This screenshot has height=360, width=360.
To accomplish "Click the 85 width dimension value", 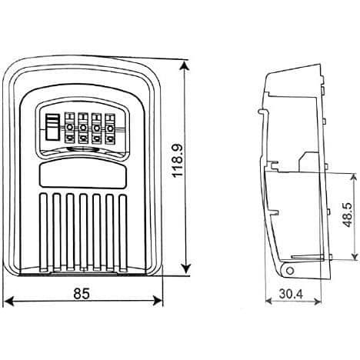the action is pyautogui.click(x=82, y=294).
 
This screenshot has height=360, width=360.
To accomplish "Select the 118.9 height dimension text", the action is pyautogui.click(x=178, y=161).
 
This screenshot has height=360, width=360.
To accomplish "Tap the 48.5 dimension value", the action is pyautogui.click(x=348, y=215).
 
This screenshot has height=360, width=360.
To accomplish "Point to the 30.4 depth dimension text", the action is pyautogui.click(x=291, y=294).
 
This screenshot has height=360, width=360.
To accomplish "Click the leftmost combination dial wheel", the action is pyautogui.click(x=69, y=128).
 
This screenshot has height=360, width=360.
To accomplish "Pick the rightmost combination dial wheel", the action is pyautogui.click(x=110, y=128).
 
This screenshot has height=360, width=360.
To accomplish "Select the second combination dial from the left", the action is pyautogui.click(x=83, y=128).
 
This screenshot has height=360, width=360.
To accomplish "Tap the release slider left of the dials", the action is pyautogui.click(x=52, y=127).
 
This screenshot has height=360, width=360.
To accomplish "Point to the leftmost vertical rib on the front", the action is pyautogui.click(x=44, y=232).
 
